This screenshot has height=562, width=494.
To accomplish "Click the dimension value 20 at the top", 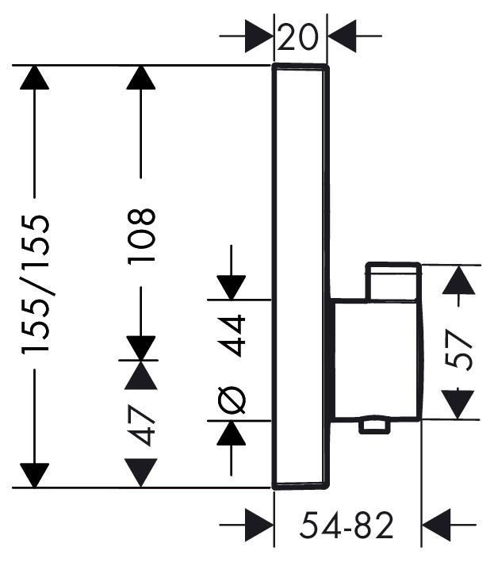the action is (297, 36).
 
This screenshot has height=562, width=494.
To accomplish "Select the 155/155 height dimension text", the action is (35, 285).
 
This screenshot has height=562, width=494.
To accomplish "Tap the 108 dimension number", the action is (141, 236).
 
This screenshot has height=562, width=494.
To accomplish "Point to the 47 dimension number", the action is (141, 425).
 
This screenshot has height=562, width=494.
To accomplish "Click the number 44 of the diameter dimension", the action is (232, 335).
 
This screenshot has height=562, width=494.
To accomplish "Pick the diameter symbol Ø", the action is (232, 400).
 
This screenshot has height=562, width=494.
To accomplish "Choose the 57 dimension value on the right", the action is (458, 350).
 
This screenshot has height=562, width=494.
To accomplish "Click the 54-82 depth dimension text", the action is (347, 525).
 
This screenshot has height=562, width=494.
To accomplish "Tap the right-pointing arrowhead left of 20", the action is (259, 36).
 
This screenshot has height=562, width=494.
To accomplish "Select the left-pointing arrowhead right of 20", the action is (342, 36).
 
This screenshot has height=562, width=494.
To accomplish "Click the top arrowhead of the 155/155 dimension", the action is (34, 78).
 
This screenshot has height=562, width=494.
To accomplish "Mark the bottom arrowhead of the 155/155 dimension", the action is (34, 476).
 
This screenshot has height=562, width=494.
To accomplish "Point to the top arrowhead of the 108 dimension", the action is (141, 78).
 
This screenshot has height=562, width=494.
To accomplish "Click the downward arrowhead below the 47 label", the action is (141, 473).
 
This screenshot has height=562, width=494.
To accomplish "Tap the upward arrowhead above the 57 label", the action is (458, 281).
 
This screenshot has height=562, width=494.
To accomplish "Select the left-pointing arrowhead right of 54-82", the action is (436, 525).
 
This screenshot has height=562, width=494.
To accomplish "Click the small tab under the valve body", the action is (374, 426).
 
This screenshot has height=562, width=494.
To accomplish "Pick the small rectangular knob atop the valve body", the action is (393, 281).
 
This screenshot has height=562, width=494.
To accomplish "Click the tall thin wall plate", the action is (301, 277).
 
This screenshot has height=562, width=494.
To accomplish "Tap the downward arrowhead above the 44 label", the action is (232, 288).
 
